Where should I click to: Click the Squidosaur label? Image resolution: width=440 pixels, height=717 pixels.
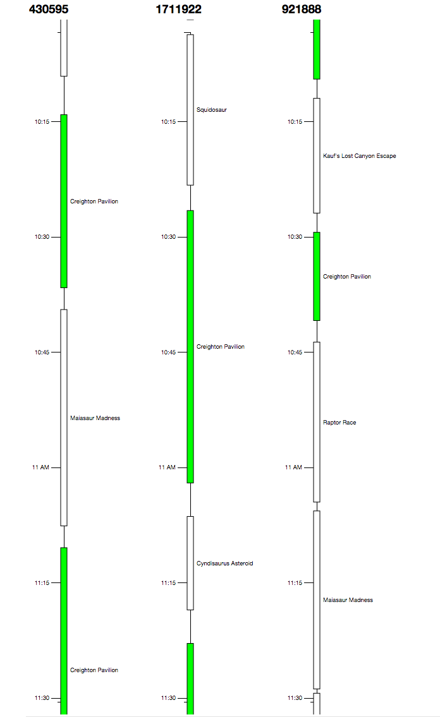pos(211,110)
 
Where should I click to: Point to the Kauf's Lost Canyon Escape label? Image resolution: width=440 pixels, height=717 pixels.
pos(359,156)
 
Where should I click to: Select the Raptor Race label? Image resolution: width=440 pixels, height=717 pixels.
pos(339,423)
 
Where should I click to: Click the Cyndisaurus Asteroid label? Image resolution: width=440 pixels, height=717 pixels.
pos(224,563)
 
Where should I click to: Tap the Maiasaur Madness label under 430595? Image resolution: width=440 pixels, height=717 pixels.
pos(95,418)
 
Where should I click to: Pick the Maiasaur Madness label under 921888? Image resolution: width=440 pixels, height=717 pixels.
pos(348,600)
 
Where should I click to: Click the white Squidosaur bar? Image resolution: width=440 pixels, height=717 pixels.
pos(190,110)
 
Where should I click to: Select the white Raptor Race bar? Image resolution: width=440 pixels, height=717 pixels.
pos(317,422)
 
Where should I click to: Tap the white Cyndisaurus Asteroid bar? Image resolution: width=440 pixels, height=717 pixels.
pos(190,563)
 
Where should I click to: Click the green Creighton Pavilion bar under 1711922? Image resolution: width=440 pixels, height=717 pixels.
pos(190,346)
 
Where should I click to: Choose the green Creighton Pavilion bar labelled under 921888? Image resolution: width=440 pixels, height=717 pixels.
pos(317,276)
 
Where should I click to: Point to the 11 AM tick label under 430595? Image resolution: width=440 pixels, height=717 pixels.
pos(40,467)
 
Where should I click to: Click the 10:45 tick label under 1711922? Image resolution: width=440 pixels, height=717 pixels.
pos(168,352)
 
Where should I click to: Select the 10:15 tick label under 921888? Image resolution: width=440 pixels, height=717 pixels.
pos(295,122)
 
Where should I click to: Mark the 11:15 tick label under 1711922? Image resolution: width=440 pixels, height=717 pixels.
pos(168,583)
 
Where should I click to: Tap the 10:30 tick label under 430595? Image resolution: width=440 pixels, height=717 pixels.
pos(42,237)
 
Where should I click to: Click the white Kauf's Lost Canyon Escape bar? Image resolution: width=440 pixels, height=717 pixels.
pos(317,155)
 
